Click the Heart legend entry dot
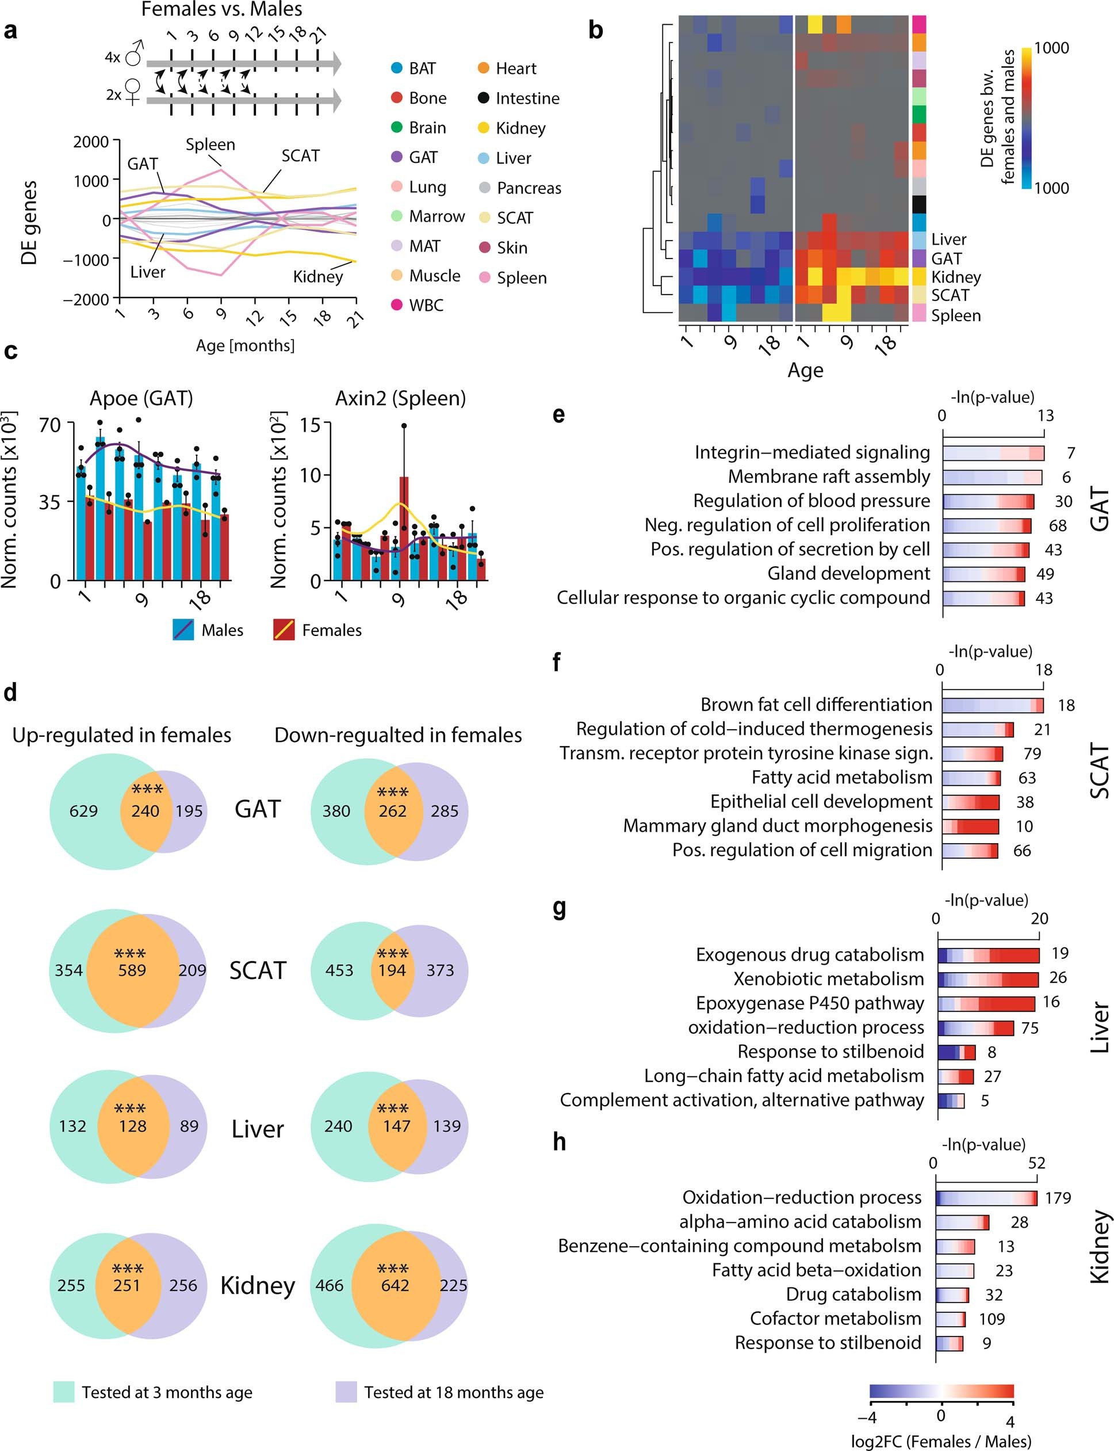tap(484, 68)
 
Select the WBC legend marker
tap(396, 304)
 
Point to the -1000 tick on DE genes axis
tap(86, 260)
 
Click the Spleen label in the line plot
tap(210, 144)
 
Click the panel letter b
tap(595, 31)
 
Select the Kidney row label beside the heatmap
tap(955, 277)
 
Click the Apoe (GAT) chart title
tap(141, 398)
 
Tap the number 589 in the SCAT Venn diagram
tap(131, 970)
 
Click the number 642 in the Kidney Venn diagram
tap(395, 1285)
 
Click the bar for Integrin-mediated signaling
tap(993, 453)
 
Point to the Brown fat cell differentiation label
tap(816, 704)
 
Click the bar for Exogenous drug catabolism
tap(988, 955)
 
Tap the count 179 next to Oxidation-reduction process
tap(1058, 1198)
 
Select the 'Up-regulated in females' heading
tap(122, 735)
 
